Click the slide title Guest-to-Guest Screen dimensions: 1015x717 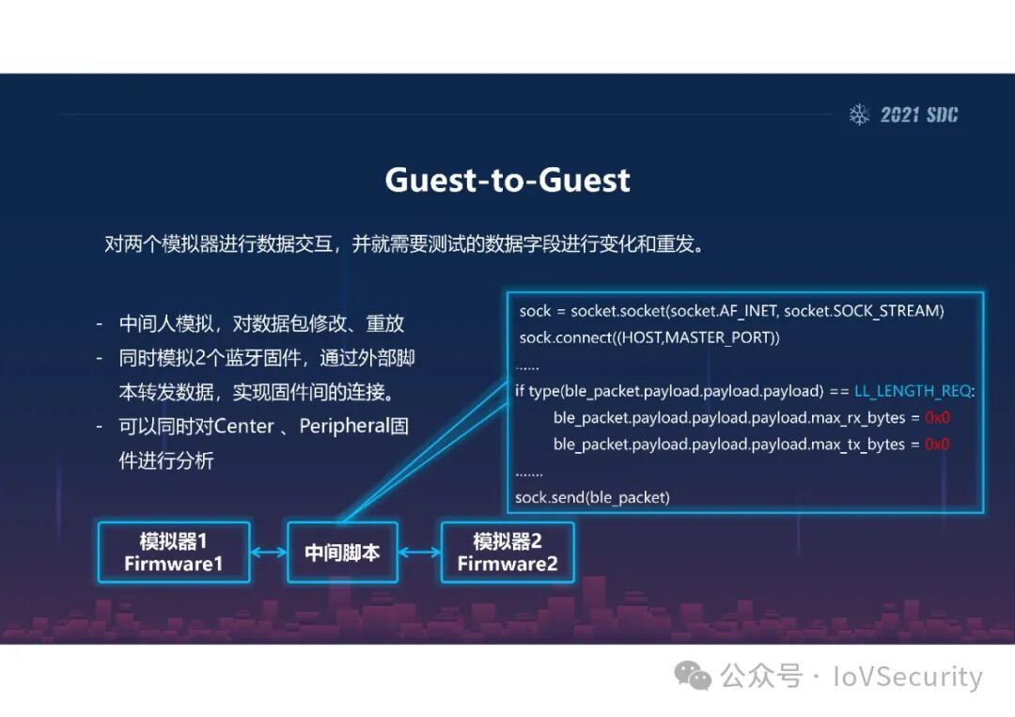(x=507, y=179)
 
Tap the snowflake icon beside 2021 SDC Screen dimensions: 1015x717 (x=859, y=115)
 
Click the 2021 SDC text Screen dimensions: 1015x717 (x=919, y=115)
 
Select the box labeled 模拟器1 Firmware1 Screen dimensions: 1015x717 (x=174, y=553)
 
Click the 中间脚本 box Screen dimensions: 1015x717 (x=342, y=553)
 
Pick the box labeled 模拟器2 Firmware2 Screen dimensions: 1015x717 (x=507, y=553)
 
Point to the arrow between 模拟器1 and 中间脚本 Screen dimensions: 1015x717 (x=269, y=553)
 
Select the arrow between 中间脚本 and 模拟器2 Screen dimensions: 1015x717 (x=419, y=553)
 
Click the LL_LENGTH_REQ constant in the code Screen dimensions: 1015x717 (x=913, y=391)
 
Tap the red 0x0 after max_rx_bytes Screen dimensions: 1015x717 (x=937, y=417)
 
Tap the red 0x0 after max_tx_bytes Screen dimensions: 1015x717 (x=937, y=444)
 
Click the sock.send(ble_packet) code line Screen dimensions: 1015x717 (x=594, y=497)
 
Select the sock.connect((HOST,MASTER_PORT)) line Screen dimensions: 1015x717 (x=649, y=336)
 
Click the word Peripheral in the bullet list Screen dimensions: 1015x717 (x=344, y=427)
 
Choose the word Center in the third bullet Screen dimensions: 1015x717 (x=243, y=427)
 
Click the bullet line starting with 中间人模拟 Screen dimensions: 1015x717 (x=261, y=324)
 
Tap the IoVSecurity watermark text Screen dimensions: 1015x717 (x=907, y=677)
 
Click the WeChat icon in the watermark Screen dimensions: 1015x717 (x=695, y=676)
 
